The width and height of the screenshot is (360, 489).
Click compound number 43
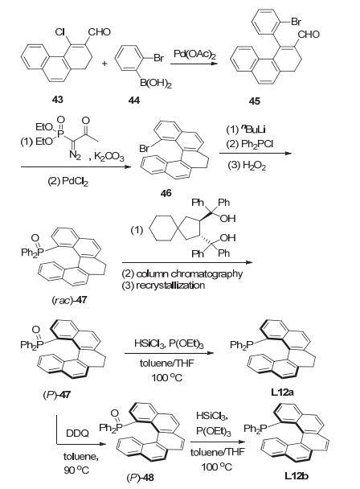click(x=57, y=100)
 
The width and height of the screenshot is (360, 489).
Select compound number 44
click(x=134, y=100)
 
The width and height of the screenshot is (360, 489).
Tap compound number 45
click(x=255, y=101)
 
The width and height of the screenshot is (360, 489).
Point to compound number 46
click(x=166, y=193)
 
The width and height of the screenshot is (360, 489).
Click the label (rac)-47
click(x=69, y=300)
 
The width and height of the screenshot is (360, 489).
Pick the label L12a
click(x=282, y=392)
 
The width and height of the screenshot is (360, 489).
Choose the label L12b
click(x=297, y=476)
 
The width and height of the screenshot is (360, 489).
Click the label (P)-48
click(x=140, y=478)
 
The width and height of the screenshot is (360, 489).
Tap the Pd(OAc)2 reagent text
click(x=194, y=55)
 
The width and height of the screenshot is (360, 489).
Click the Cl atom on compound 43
click(x=59, y=32)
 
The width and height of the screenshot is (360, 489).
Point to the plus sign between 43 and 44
click(x=104, y=64)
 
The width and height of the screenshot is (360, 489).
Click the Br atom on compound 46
click(x=145, y=149)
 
